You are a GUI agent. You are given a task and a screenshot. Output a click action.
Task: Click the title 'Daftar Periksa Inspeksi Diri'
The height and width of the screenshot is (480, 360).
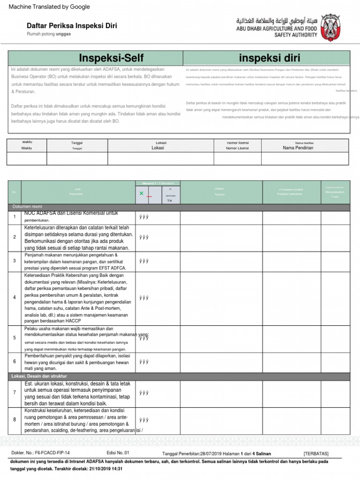pos(71,26)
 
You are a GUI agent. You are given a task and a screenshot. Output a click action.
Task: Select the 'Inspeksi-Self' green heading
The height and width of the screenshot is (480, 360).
pos(111,58)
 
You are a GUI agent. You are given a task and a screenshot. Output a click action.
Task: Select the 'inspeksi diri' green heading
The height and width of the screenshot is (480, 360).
pos(266,58)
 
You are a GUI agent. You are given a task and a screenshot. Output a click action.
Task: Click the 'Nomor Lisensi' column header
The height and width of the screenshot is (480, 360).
pos(238,148)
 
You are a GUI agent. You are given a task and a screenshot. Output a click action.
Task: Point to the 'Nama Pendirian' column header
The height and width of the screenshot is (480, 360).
pos(298,148)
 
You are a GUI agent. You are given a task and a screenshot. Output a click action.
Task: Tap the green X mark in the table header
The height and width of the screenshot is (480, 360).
pos(141,193)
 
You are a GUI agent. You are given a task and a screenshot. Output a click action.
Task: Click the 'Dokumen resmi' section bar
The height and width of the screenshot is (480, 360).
pos(178,207)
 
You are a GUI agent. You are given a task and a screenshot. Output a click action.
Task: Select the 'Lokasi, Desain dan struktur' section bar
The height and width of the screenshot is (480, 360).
pos(178,376)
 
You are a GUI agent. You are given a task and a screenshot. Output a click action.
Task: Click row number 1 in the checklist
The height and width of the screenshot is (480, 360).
pos(15,217)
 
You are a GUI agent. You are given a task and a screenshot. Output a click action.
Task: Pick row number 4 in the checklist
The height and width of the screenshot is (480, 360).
pos(15,298)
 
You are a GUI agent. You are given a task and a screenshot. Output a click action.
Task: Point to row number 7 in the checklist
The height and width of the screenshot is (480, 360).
pos(15,392)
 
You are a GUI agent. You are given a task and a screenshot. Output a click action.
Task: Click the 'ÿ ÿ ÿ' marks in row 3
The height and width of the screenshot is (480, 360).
pos(143,261)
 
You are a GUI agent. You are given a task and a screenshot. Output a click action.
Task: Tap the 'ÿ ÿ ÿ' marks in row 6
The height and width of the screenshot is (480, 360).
pos(143,362)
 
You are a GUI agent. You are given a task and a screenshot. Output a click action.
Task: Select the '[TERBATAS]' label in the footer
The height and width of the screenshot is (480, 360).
pos(316,454)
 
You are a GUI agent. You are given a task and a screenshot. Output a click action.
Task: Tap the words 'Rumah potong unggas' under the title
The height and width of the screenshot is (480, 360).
pos(48,35)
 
